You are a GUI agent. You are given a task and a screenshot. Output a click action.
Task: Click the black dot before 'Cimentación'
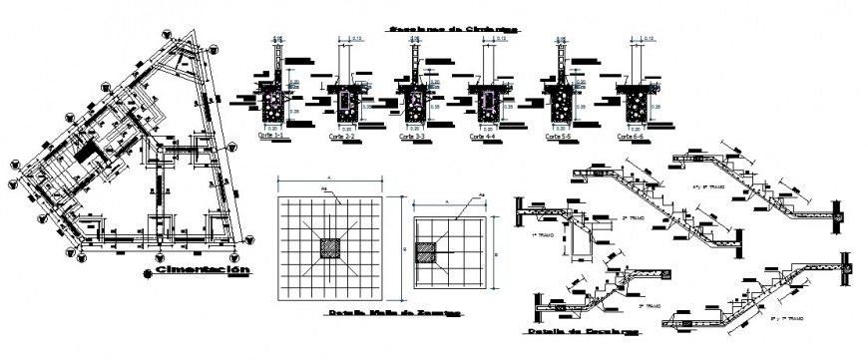tap(147, 271)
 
